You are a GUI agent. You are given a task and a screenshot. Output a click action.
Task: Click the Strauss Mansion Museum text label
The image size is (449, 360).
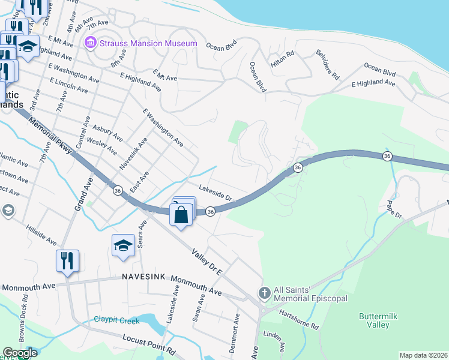pos(148,43)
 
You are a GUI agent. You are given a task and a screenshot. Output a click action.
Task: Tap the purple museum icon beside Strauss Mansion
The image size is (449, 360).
pos(91,43)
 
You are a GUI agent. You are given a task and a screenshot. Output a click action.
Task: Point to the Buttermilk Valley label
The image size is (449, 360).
pos(374,320)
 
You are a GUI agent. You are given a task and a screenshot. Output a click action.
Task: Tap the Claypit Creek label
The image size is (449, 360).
pos(116,320)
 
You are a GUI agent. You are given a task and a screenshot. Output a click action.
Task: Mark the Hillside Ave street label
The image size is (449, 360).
pos(41,235)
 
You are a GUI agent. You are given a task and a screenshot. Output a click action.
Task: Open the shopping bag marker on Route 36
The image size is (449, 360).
pos(181,214)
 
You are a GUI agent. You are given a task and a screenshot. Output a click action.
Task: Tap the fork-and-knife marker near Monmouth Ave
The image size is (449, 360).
pos(66,261)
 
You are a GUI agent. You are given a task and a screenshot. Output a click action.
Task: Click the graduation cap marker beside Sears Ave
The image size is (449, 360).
pos(123,245)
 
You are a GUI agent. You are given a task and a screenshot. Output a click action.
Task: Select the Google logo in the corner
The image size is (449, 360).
pos(20,353)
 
